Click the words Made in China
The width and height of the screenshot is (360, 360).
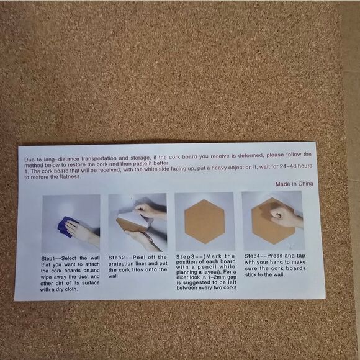(x=294, y=184)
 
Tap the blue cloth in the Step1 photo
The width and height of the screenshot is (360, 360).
(x=68, y=226)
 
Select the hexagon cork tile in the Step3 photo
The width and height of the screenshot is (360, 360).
(x=205, y=222)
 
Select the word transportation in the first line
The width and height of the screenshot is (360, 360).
(x=99, y=158)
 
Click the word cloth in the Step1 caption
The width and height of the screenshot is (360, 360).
(x=71, y=289)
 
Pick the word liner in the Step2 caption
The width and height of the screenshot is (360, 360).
(x=140, y=264)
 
